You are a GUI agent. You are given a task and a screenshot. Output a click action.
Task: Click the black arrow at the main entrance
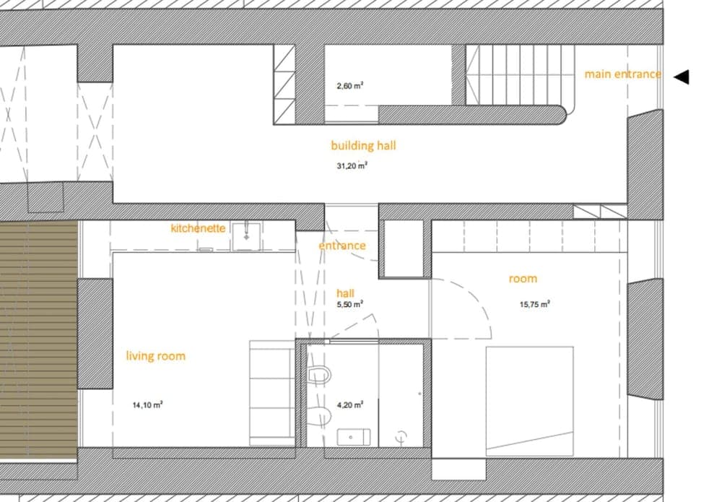[x=681, y=77]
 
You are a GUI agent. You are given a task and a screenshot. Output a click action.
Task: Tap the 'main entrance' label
[x=622, y=74]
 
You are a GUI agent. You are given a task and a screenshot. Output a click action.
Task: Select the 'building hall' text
[x=363, y=145]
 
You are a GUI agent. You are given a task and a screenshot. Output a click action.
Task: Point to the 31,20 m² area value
[x=352, y=165]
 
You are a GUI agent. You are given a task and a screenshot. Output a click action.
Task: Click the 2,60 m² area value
[x=349, y=85]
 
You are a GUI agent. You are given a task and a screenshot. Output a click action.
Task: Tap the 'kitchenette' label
[x=198, y=228]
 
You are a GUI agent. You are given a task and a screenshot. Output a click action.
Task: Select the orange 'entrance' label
[x=342, y=246]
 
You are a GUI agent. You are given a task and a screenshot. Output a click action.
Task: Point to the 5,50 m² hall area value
[x=349, y=305]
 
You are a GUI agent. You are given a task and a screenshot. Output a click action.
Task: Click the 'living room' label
[x=155, y=356]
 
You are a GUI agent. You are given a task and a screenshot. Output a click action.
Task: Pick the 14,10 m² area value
[x=147, y=405]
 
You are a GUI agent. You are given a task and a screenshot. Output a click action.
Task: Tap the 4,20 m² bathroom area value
[x=349, y=405]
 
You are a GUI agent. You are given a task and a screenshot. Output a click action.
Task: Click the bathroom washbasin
[x=354, y=437]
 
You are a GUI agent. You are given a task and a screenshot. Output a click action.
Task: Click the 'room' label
[x=523, y=279]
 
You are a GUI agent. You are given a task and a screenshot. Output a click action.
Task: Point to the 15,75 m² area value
[x=535, y=304]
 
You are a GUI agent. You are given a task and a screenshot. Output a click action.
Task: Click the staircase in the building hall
[x=519, y=75]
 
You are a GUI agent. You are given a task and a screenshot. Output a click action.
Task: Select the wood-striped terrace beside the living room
[x=38, y=339]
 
